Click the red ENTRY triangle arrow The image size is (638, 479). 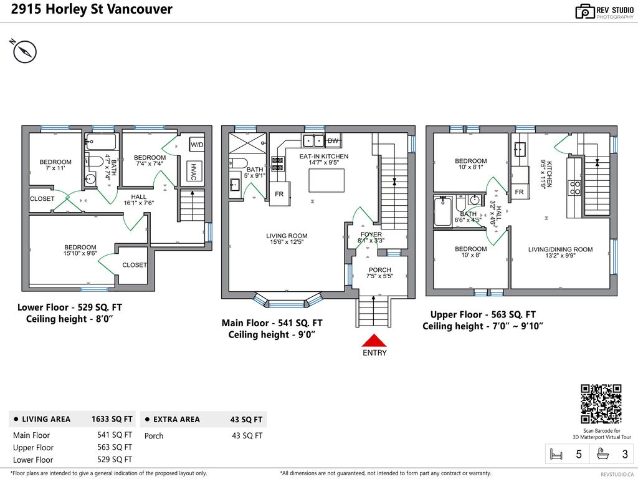click(x=374, y=341)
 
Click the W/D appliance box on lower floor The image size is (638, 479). click(x=197, y=145)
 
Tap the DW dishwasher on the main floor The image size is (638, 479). click(x=333, y=140)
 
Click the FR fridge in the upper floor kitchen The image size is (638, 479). click(x=519, y=192)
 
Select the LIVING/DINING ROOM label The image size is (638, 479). click(x=560, y=249)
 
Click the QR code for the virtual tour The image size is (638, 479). click(x=601, y=404)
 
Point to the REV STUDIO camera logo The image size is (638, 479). click(x=585, y=11)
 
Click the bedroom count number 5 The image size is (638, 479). click(x=579, y=455)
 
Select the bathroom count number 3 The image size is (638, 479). click(x=625, y=455)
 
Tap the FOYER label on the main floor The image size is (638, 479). click(x=371, y=236)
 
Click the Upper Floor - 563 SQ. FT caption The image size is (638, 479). click(x=483, y=314)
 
